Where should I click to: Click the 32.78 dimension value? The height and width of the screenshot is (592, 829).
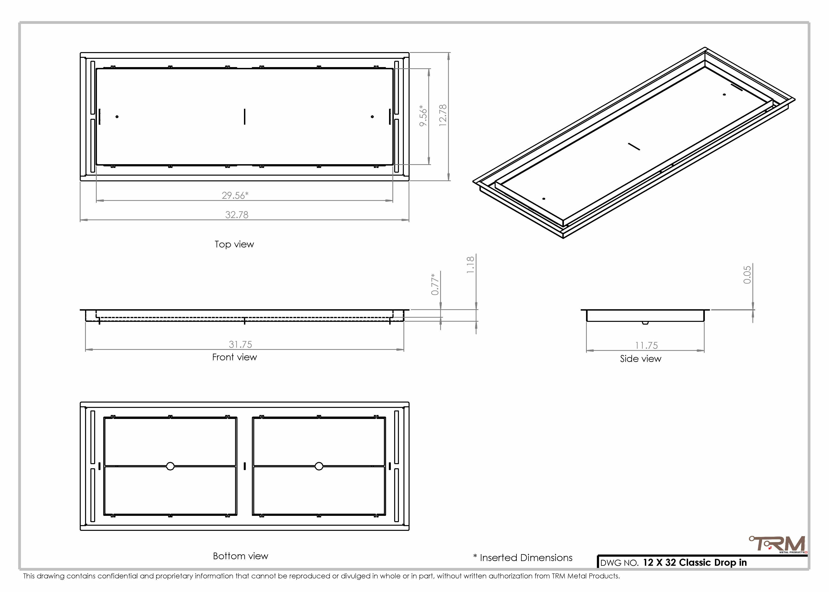click(x=237, y=215)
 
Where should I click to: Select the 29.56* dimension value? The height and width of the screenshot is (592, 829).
click(x=235, y=195)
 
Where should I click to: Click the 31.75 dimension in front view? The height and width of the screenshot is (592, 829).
click(x=240, y=345)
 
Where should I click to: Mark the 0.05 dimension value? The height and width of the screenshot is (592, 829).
click(x=747, y=274)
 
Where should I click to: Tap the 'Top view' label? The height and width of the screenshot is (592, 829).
click(x=234, y=244)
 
